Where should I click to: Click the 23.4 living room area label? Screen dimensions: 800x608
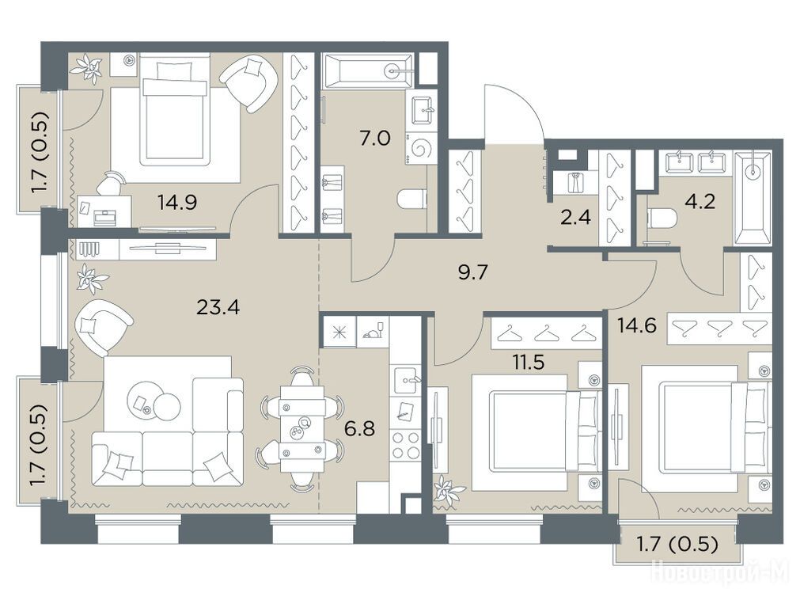(218, 307)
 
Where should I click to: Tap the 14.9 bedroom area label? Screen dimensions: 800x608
(177, 203)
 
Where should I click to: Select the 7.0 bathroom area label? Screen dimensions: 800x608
(375, 138)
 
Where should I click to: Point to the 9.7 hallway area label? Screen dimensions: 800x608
(473, 272)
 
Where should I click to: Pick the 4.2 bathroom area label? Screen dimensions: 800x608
(700, 202)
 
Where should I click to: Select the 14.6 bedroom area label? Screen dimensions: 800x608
(636, 325)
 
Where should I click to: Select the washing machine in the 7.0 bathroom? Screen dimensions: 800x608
(422, 149)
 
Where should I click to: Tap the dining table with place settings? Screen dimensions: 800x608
(302, 428)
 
